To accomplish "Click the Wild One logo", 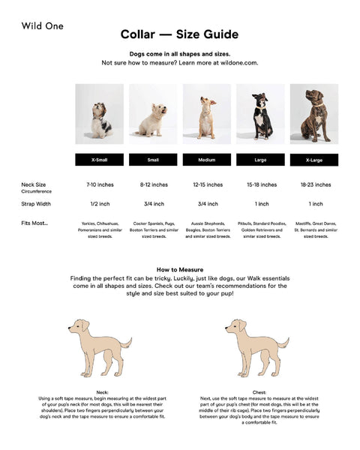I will pos(43,26).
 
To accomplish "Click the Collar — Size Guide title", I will pos(180,34).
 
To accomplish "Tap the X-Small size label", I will pos(99,160).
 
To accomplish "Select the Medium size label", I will pos(207,160).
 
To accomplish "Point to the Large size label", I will pos(261,160).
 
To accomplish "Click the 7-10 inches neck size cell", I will pos(99,184).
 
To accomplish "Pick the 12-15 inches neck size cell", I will pos(207,184).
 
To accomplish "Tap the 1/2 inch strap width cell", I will pos(99,204).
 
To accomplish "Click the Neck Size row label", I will pos(34,184).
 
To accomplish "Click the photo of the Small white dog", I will pos(153,114).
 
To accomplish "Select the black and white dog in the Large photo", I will pos(262,116).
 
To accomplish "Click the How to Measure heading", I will pos(180,269).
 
